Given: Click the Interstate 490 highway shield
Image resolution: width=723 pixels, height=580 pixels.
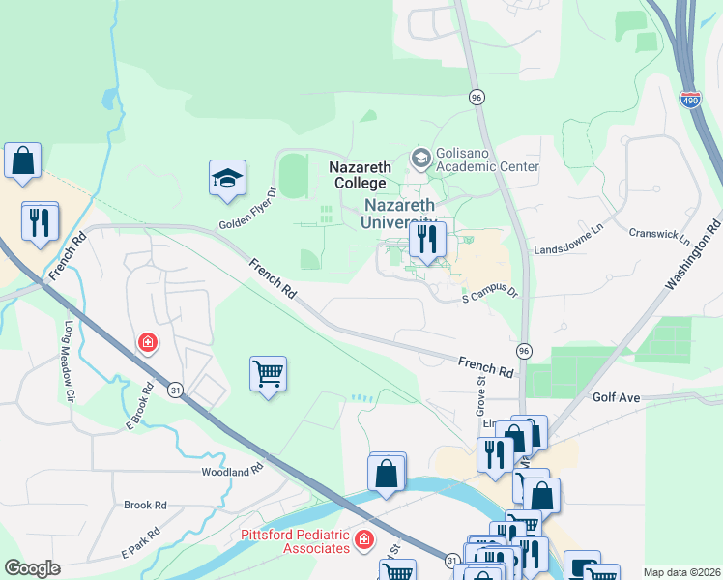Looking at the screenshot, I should [689, 100].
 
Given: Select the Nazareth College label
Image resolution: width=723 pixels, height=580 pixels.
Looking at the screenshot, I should [358, 175].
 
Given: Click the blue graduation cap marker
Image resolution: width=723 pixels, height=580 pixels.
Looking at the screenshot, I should [227, 179].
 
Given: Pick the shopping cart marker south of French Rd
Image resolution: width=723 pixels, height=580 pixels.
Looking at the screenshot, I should [268, 373].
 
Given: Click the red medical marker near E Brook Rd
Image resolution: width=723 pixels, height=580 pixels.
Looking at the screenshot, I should [147, 342].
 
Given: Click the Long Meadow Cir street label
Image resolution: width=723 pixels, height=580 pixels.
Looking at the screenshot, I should [69, 361].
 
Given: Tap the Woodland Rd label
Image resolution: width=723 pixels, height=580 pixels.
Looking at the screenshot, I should [232, 471].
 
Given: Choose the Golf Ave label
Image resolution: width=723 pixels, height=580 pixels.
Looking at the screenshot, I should [617, 397].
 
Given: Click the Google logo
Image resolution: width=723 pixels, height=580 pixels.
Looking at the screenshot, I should [32, 568].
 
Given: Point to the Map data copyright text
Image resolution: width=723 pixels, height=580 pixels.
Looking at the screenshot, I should [680, 572].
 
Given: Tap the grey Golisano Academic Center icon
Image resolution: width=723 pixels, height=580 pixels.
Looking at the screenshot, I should [420, 157].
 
